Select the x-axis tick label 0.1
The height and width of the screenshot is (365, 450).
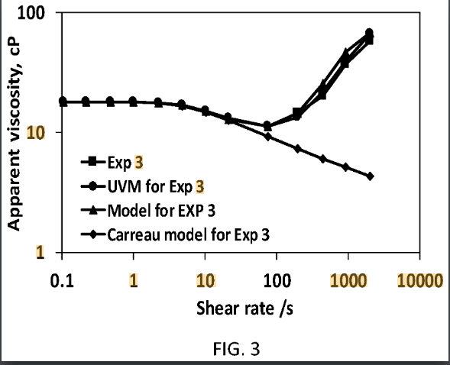click(63, 279)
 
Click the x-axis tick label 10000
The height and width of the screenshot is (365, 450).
click(419, 279)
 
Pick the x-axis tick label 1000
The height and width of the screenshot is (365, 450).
click(348, 279)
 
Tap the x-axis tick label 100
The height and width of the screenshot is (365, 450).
click(276, 279)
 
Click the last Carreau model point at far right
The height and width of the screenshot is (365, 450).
click(370, 176)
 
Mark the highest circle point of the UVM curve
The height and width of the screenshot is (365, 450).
click(370, 33)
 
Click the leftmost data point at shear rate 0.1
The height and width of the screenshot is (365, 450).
click(63, 101)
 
